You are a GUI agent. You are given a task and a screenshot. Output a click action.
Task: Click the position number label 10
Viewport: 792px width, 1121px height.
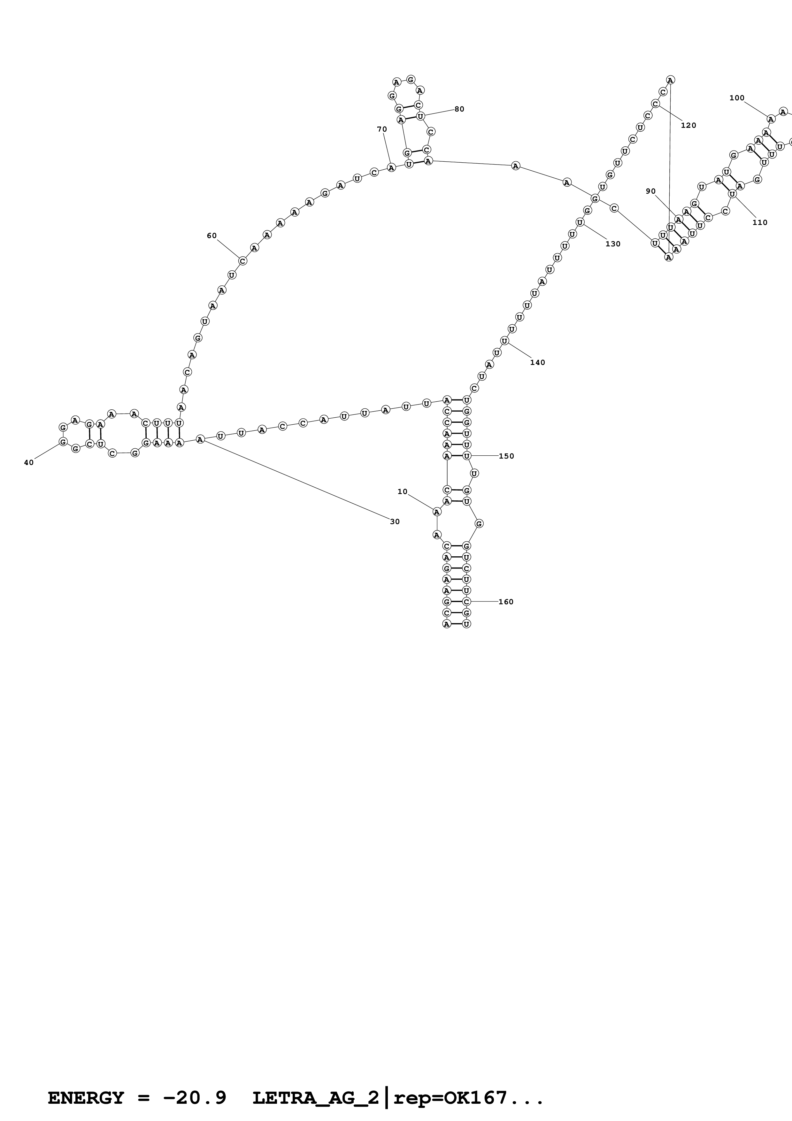402,492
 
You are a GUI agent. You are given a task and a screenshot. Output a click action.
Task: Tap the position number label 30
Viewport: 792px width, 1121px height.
395,522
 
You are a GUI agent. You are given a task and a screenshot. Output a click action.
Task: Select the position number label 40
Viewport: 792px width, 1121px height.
29,462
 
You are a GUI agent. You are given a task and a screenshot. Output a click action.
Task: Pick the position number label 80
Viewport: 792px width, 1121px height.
459,109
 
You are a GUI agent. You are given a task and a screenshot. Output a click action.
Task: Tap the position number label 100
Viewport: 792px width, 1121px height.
736,98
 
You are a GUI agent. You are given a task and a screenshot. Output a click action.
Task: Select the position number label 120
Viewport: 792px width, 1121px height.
688,126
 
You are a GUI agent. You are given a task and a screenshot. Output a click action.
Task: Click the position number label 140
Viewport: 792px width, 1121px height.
537,362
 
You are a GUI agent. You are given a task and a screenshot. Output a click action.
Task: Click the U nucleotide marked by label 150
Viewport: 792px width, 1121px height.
466,456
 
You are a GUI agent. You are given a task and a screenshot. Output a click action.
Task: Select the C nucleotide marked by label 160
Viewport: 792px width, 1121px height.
466,601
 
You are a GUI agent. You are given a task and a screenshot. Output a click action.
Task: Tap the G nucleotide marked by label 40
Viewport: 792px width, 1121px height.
63,441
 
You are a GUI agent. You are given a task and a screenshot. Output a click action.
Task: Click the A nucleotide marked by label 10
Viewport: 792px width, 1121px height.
437,512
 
